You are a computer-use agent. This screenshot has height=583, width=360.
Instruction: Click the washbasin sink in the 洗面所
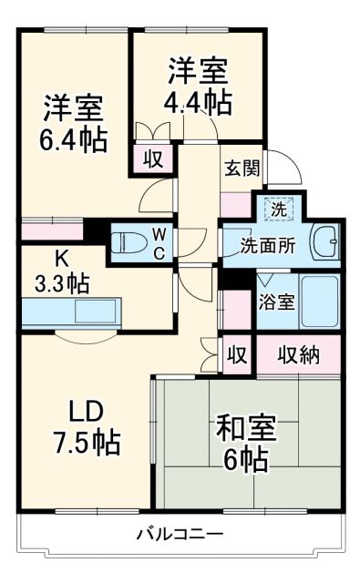[324, 241]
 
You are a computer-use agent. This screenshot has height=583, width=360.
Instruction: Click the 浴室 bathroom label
[275, 302]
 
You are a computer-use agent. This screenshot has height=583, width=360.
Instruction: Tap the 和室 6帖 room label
[244, 443]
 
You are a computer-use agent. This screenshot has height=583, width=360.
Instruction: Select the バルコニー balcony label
[180, 534]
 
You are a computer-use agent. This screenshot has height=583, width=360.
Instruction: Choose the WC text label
[159, 243]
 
